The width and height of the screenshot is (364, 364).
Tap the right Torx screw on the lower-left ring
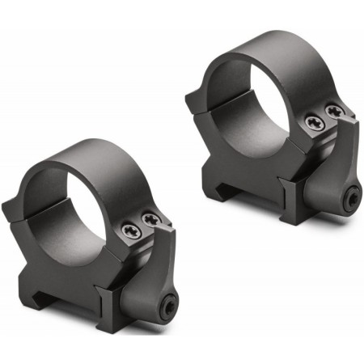click(149, 218)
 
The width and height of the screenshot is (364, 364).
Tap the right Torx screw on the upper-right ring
click(333, 110)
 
